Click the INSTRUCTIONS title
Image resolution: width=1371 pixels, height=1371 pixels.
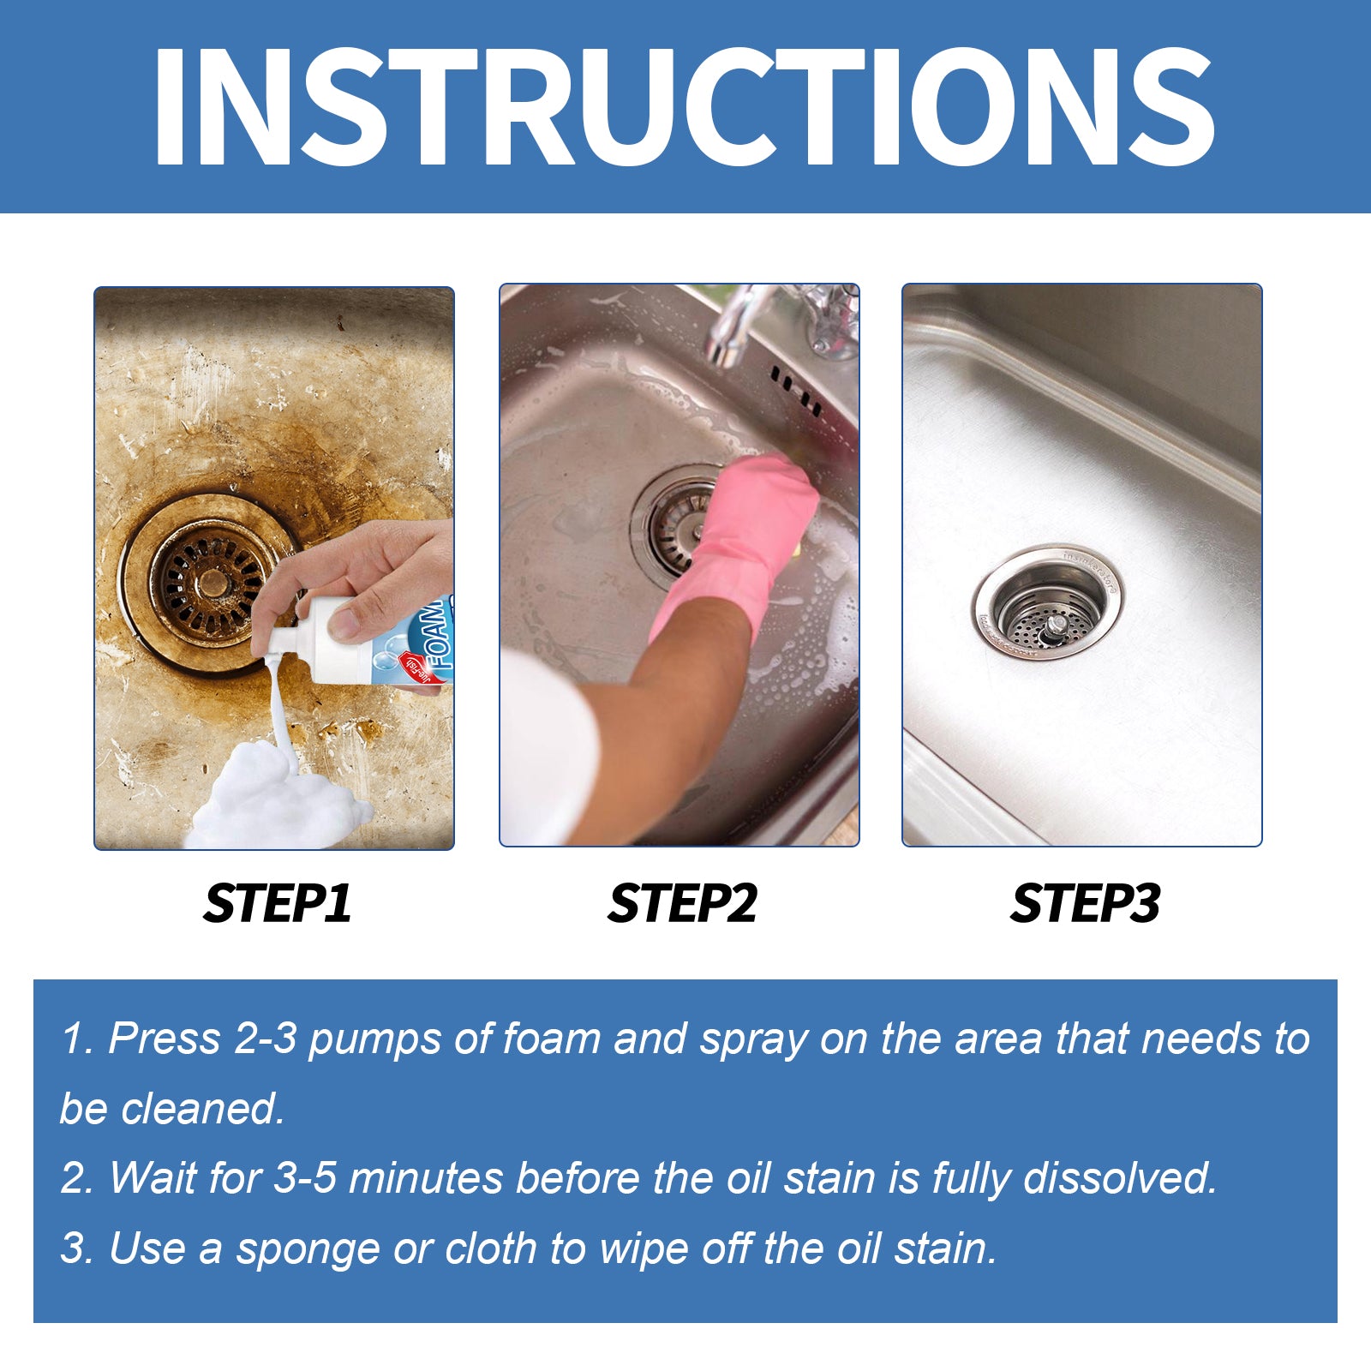[x=683, y=106]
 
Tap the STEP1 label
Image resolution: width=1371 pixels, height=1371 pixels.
[x=278, y=903]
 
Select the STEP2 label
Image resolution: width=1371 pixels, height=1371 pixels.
[x=682, y=903]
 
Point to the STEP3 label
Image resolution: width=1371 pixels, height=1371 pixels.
[x=1085, y=903]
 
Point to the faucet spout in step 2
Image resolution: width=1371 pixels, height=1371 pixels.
[x=728, y=330]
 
